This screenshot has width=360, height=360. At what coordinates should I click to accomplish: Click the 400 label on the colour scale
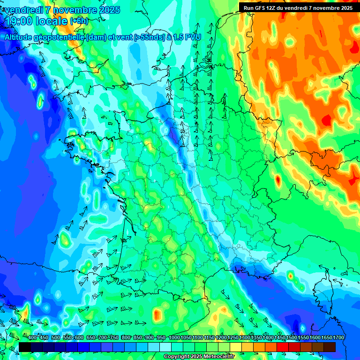point(32,337)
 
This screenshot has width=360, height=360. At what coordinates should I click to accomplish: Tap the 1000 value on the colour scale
point(174,337)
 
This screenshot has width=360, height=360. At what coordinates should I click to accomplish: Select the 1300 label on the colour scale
point(245,337)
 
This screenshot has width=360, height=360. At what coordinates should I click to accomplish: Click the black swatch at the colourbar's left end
point(25,347)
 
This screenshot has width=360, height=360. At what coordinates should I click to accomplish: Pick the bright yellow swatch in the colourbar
point(236,347)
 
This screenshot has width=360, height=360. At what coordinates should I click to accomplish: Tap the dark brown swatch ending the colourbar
point(330,347)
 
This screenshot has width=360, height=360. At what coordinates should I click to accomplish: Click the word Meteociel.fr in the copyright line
point(217,357)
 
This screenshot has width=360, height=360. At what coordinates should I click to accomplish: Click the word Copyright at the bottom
point(177,357)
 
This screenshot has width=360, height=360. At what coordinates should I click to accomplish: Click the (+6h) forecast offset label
point(79,21)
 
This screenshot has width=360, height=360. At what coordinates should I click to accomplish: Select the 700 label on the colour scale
point(102,337)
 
